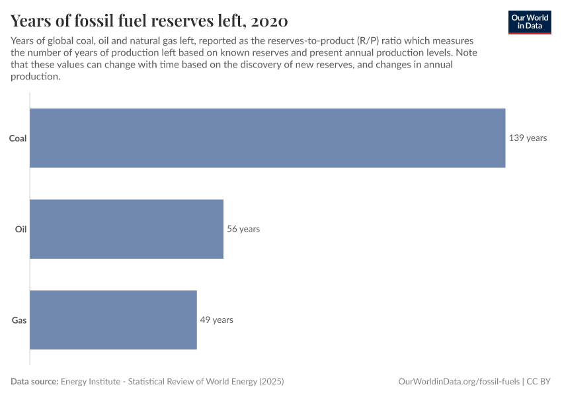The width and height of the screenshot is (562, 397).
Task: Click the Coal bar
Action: click(268, 138)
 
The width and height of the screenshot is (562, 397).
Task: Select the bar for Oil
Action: click(127, 229)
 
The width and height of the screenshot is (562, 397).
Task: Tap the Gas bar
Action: click(114, 320)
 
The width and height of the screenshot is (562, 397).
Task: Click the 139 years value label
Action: click(528, 138)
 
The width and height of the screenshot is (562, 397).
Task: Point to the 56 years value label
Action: click(243, 229)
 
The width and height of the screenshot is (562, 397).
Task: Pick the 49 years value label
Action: click(216, 320)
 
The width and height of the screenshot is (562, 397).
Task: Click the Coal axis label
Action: click(18, 138)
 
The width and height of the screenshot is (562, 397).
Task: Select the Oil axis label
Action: click(20, 229)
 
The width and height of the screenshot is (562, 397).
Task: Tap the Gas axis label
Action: click(19, 320)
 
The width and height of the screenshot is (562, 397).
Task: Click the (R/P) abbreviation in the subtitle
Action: click(368, 41)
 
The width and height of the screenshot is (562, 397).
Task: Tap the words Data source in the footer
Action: click(34, 382)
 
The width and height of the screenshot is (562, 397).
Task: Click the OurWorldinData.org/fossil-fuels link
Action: click(459, 382)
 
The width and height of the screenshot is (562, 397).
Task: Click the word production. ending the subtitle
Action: click(35, 77)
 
